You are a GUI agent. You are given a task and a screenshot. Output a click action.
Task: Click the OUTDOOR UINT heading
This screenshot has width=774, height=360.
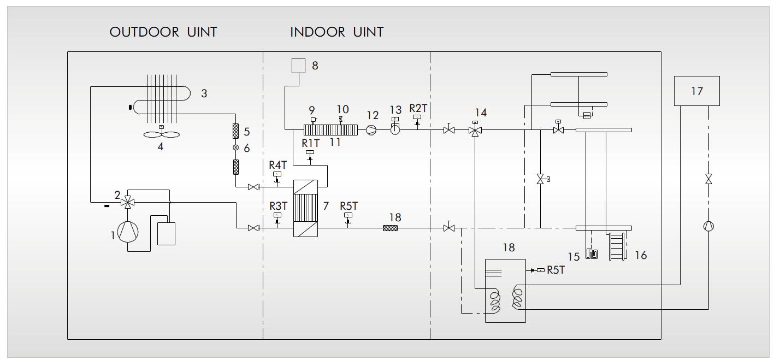163,32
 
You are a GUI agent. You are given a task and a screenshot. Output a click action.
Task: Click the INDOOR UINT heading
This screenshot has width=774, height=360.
336,32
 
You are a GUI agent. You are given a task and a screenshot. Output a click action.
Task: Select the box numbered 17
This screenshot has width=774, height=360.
696,91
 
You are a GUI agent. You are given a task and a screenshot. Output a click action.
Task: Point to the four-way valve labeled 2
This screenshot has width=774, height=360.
128,202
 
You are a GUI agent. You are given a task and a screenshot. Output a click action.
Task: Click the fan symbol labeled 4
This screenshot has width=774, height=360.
161,134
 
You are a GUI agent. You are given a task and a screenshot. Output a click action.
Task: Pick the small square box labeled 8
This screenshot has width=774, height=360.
298,66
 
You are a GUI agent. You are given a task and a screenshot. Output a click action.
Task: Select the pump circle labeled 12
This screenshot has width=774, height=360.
371,130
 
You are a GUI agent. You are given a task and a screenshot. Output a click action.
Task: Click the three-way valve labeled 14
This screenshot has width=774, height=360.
474,130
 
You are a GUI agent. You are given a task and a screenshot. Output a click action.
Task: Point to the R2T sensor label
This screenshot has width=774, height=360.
418,108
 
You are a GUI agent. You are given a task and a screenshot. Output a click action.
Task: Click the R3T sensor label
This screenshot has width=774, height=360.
278,206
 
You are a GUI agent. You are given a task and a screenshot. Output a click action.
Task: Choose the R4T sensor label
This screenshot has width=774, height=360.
277,164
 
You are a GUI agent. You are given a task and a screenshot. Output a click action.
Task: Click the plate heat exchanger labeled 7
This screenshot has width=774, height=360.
305,208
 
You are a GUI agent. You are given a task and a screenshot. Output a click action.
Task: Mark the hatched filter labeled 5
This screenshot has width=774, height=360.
236,131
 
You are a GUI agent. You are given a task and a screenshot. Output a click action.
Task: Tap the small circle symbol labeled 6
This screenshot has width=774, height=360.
236,147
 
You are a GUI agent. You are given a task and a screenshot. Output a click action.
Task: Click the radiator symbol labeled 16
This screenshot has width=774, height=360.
617,246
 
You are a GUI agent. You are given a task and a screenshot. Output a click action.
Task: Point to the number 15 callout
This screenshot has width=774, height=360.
574,256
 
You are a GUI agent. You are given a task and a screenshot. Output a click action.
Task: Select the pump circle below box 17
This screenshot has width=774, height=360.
708,226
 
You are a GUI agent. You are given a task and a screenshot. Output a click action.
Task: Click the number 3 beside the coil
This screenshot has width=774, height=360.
204,93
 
